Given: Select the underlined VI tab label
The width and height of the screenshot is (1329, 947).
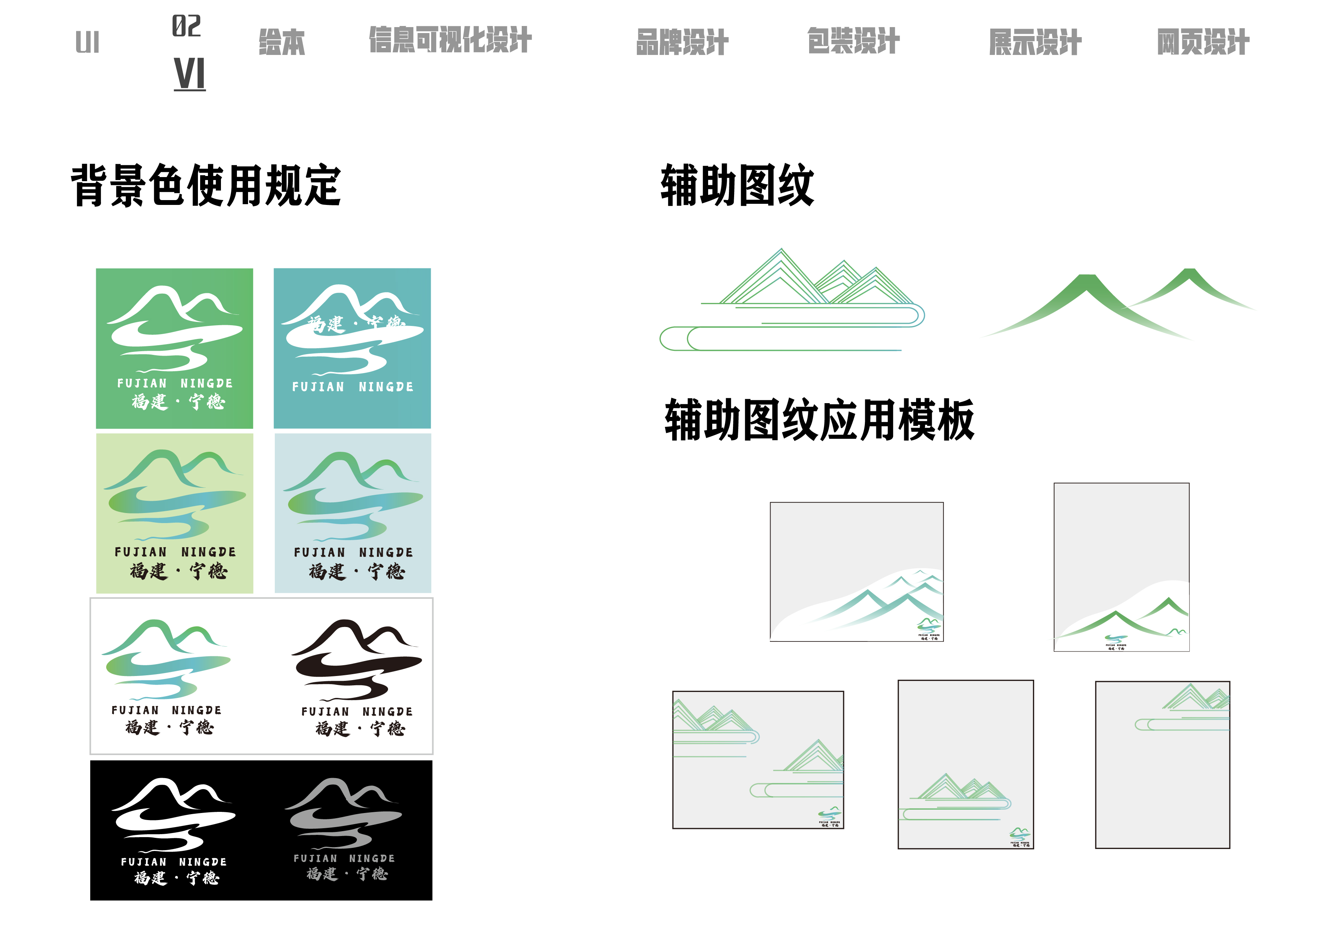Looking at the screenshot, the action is [189, 74].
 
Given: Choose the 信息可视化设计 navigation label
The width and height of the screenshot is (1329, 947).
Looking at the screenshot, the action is [450, 40].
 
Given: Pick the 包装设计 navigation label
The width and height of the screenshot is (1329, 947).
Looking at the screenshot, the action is [853, 41].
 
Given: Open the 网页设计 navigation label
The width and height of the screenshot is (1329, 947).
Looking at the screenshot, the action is [1203, 42].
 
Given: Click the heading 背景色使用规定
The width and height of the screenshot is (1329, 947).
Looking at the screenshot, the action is [206, 186].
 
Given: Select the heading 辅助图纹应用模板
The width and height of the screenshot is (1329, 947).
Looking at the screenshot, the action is [819, 420].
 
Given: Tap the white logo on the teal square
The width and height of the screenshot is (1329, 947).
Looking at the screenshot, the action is [352, 330].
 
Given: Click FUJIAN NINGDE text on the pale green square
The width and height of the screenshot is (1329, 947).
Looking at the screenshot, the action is [175, 552].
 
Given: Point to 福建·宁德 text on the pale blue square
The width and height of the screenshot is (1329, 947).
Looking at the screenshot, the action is [357, 571].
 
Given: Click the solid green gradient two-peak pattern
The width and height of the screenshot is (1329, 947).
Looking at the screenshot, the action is [1118, 303].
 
